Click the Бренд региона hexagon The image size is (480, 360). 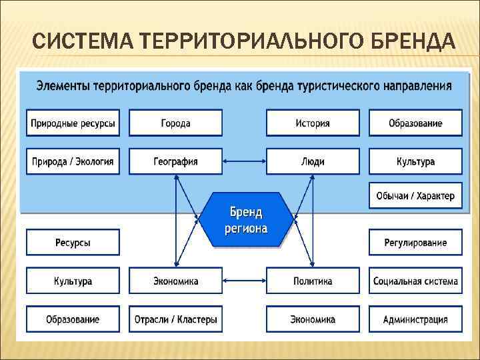pos(246,220)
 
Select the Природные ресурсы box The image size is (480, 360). pos(73,123)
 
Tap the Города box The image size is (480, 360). pos(175,123)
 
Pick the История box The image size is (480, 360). pos(313,123)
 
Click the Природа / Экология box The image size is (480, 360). pos(73,161)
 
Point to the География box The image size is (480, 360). pos(175,161)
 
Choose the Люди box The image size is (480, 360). pos(313,161)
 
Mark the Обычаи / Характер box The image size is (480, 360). pos(415,196)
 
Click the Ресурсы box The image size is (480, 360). pos(73,243)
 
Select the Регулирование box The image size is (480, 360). pos(415,243)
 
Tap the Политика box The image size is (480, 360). pos(313,281)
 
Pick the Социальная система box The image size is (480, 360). pos(415,281)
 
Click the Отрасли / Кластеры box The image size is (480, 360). pos(175,319)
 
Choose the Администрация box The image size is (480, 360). pos(415,319)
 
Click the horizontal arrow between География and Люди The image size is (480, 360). pos(244,161)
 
